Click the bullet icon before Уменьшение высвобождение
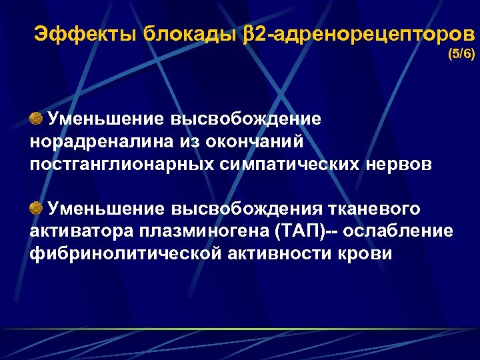(37, 118)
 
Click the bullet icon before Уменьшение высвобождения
(37, 209)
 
